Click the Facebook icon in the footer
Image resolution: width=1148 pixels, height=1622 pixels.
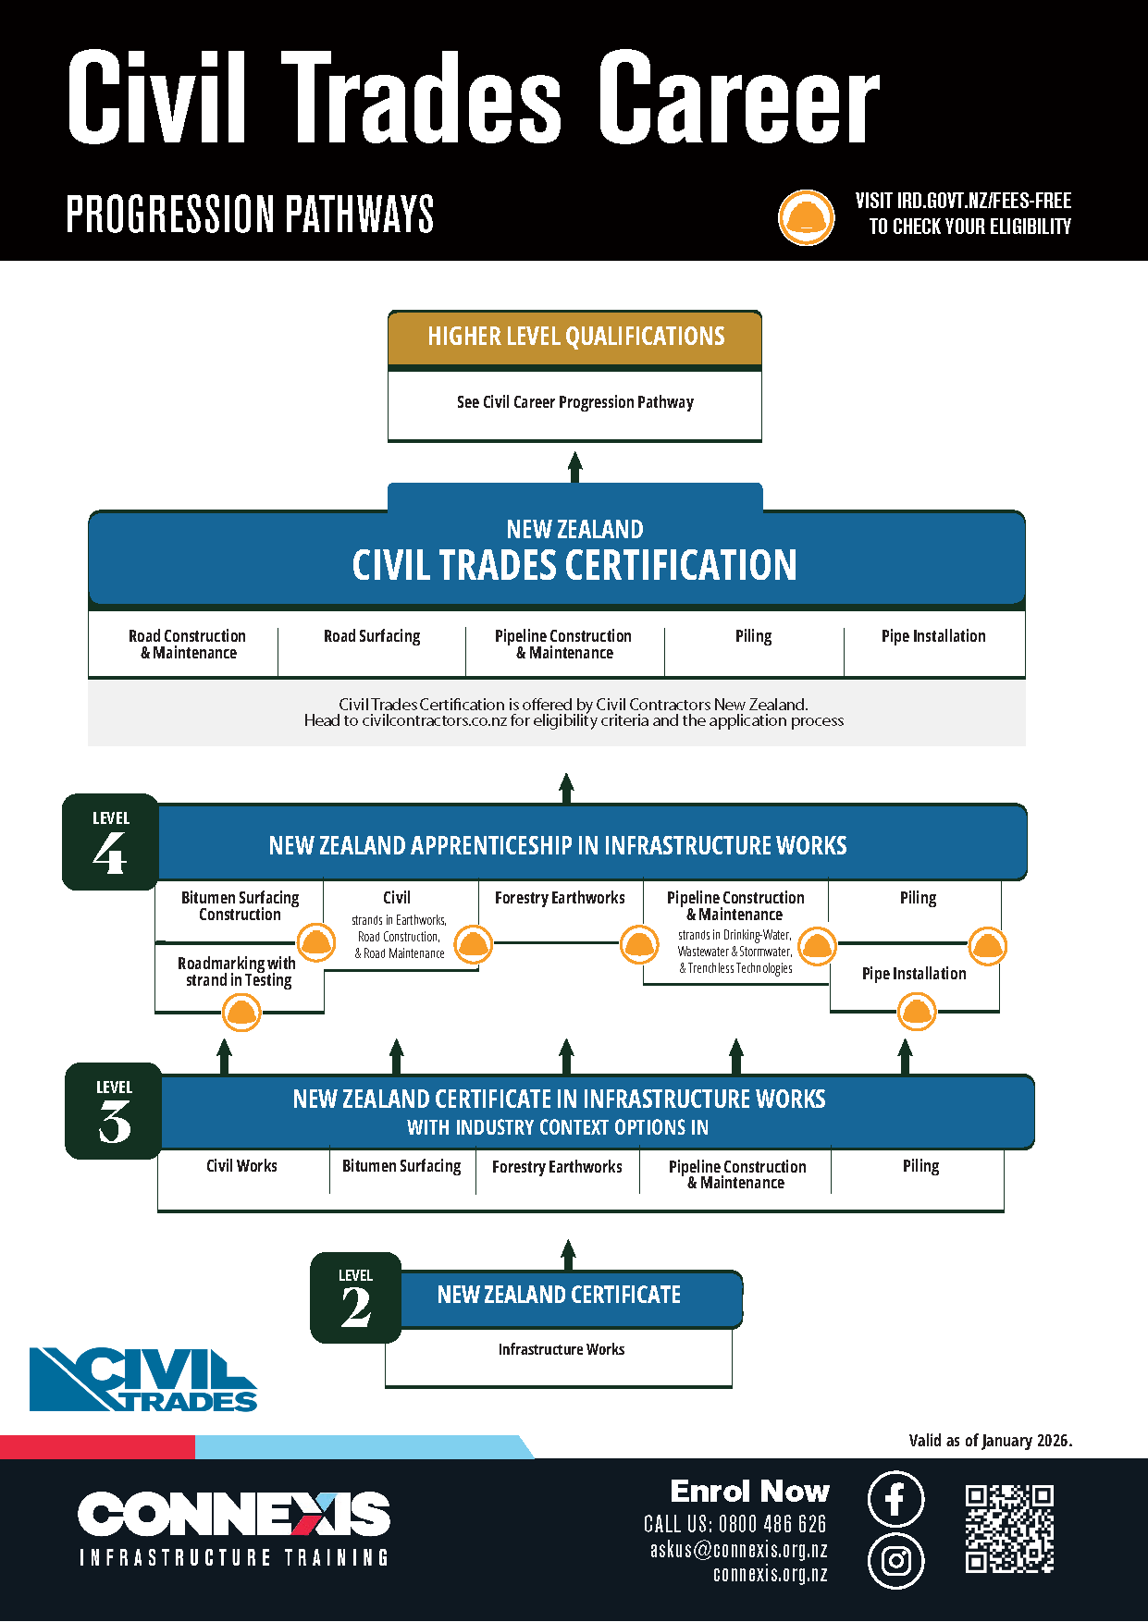pos(895,1499)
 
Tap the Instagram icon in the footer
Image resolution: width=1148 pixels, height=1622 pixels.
pos(895,1561)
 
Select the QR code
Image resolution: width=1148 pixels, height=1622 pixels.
pos(1009,1529)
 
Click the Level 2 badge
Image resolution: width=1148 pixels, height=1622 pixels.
pos(356,1297)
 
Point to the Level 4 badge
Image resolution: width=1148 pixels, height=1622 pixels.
pos(110,842)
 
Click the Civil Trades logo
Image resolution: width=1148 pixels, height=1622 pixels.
pos(143,1379)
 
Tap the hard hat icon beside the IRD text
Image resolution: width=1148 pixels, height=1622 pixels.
pos(806,217)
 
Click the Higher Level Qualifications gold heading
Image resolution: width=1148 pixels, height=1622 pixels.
pos(575,337)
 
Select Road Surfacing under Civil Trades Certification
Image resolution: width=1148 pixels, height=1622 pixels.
pos(372,636)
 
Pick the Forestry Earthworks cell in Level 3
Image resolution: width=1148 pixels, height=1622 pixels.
pos(557,1167)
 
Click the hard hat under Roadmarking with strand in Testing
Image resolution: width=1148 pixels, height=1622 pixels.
pos(241,1013)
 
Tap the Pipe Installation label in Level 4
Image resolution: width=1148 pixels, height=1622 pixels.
pos(914,974)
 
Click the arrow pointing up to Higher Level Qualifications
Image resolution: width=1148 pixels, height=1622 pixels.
pos(575,467)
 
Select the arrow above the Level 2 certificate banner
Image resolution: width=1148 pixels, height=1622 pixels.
pos(568,1255)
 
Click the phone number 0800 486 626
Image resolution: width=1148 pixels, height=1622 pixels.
pos(771,1524)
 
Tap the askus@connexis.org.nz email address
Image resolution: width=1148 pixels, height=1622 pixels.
pos(738,1550)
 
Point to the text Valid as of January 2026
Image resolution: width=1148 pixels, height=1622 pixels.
pos(990,1441)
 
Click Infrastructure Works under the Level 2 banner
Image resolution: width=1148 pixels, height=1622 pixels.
pos(561,1350)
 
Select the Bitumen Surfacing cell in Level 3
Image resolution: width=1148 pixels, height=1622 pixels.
pos(401,1166)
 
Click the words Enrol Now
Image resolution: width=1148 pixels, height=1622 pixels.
pos(749,1492)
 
